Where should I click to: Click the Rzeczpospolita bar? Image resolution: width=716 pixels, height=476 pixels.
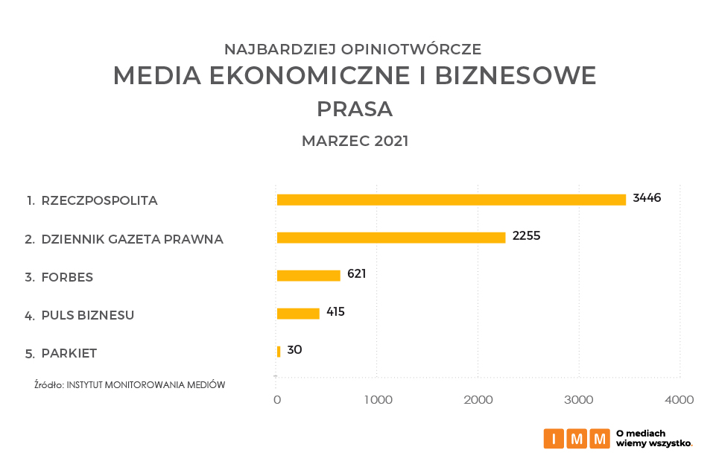(x=451, y=200)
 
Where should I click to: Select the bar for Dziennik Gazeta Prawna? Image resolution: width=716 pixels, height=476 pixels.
(x=390, y=238)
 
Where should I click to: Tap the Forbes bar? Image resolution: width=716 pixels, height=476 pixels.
(x=308, y=276)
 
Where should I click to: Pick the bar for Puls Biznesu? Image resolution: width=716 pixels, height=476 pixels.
(x=297, y=314)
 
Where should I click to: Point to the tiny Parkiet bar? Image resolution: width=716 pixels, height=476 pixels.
(x=279, y=352)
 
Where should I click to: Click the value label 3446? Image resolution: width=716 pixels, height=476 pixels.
(x=647, y=198)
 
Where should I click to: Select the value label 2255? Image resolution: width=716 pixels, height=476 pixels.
(x=526, y=236)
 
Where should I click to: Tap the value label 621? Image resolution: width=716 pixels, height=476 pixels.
(x=357, y=273)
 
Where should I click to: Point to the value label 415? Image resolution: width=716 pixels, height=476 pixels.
(x=335, y=311)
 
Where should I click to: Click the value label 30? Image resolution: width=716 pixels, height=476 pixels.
(x=294, y=349)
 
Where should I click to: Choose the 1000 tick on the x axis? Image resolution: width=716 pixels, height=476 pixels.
(x=378, y=400)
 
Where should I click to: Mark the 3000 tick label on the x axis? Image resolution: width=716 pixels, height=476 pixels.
(x=579, y=400)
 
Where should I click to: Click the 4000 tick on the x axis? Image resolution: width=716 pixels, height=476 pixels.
(x=679, y=400)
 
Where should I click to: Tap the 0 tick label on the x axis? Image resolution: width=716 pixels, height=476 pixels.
(x=277, y=400)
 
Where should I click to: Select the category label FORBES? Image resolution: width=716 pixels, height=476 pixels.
(x=67, y=277)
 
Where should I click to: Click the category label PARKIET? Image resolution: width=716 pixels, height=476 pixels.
(x=69, y=353)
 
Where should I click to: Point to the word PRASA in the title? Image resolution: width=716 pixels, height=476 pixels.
(x=355, y=110)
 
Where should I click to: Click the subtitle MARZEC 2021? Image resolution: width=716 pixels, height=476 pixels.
(x=355, y=142)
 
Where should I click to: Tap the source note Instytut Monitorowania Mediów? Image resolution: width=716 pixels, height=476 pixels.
(x=130, y=385)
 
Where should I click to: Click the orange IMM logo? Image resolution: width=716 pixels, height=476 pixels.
(x=577, y=439)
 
